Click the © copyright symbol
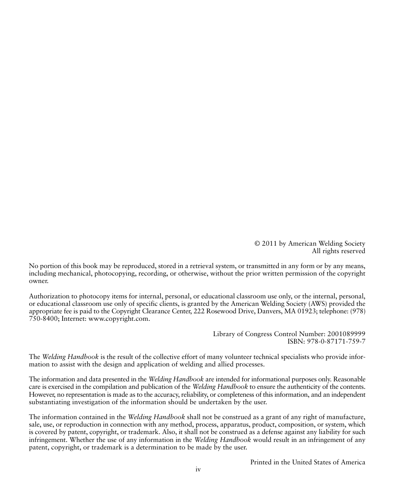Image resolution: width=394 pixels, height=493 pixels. tap(257, 244)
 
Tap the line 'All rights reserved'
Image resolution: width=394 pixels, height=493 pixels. tap(338, 251)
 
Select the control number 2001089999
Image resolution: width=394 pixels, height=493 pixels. tap(346, 334)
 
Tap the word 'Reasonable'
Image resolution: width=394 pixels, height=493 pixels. tap(349, 379)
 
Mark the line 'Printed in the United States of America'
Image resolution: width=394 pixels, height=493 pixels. tap(308, 462)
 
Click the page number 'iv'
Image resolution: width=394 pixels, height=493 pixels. tap(198, 469)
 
